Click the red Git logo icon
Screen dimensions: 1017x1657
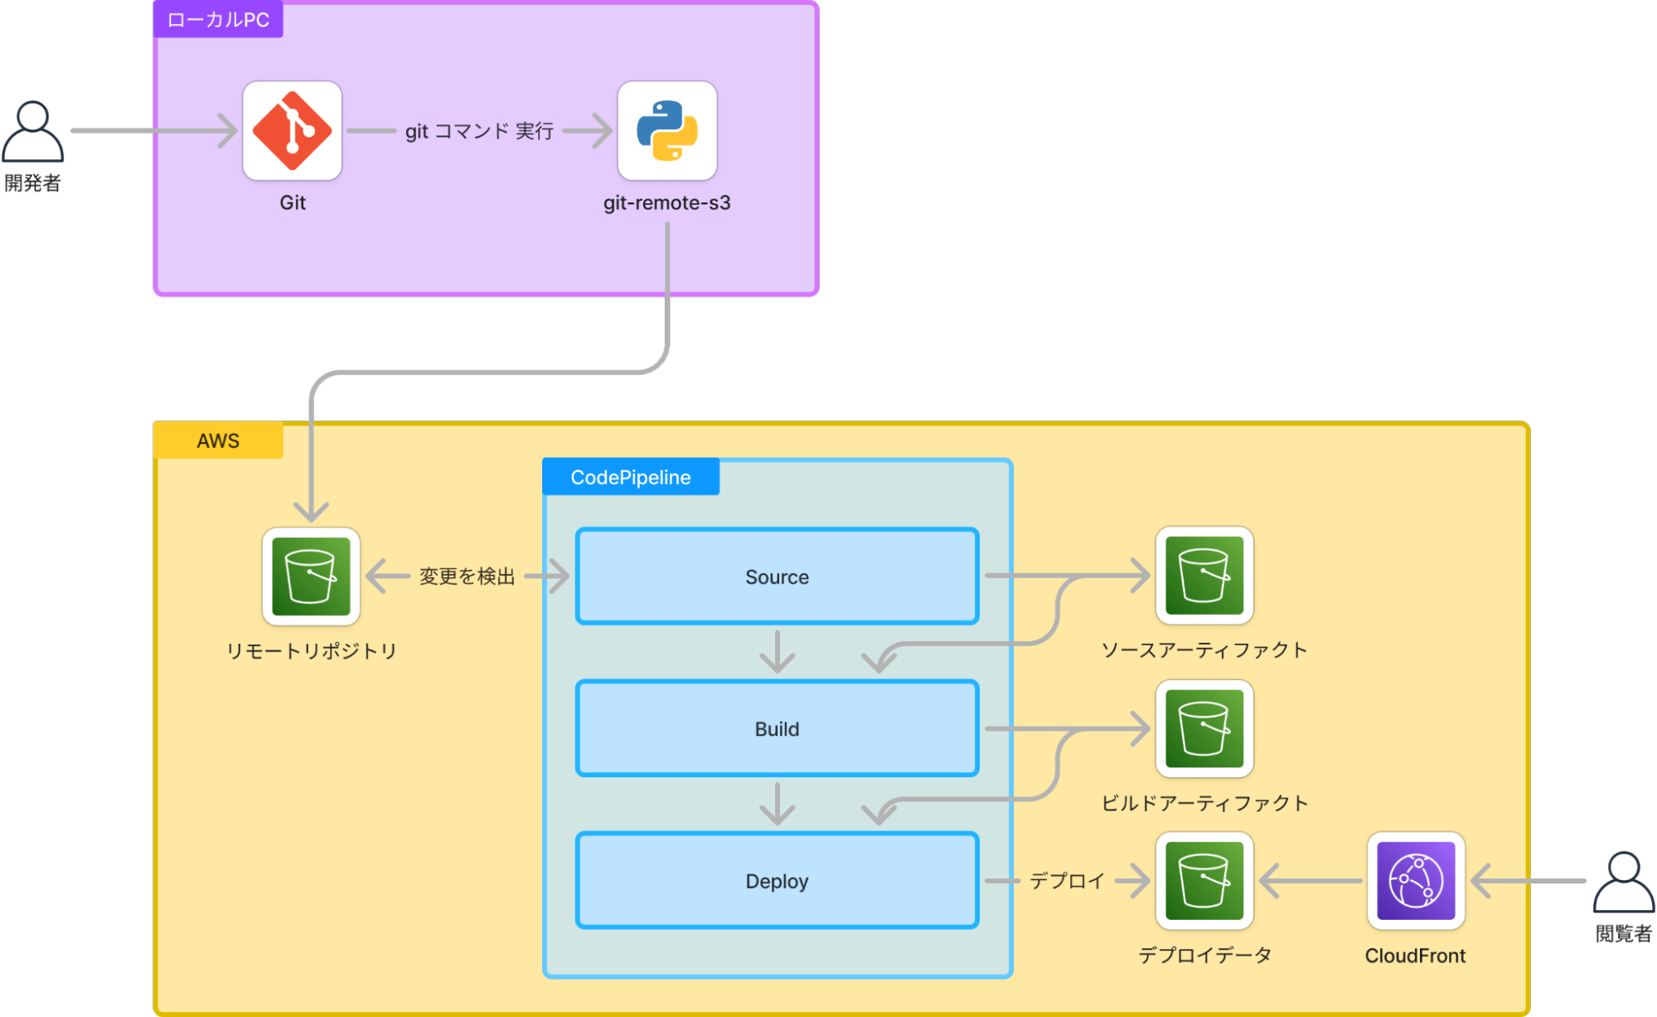[292, 131]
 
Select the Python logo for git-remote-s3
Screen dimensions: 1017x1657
[666, 131]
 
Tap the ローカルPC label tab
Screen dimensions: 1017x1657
[218, 20]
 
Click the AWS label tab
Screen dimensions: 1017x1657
[218, 440]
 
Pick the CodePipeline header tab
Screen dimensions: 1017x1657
[630, 477]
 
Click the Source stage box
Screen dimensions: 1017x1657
[777, 577]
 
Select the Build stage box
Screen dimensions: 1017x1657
[777, 728]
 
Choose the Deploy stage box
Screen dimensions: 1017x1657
[777, 881]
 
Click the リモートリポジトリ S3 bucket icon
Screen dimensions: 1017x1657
[311, 576]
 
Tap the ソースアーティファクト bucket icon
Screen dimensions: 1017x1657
[1204, 575]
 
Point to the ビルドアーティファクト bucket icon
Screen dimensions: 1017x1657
[1204, 728]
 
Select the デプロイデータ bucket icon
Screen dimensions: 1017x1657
[1204, 881]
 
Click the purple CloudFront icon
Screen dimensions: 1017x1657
[1415, 881]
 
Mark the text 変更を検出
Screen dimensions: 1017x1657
[467, 577]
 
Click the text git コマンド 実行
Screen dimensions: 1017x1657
[479, 131]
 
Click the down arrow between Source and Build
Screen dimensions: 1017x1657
[777, 651]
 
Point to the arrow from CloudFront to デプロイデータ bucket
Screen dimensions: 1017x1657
[1310, 881]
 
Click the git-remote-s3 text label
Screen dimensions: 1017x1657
[666, 203]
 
